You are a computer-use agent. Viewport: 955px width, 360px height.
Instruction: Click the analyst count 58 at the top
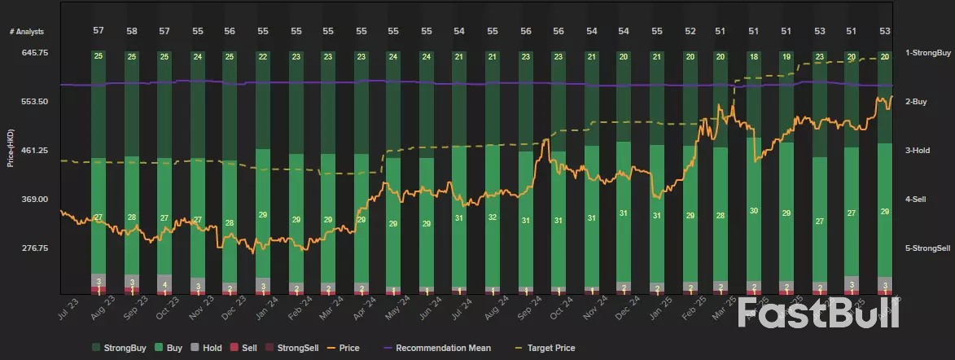click(131, 30)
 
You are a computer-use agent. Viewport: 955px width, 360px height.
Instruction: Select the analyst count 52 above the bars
click(690, 30)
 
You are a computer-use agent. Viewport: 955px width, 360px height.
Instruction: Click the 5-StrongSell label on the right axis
click(928, 248)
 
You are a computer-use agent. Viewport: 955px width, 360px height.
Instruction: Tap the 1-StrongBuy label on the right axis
click(928, 52)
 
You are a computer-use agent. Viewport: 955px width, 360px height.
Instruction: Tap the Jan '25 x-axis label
click(657, 314)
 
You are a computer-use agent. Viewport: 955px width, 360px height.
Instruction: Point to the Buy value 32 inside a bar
click(493, 217)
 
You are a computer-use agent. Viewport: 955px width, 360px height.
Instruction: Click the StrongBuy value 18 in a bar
click(754, 57)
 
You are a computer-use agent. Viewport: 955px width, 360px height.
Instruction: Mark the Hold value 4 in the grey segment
click(164, 284)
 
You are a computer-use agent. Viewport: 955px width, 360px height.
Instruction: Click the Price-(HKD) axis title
click(11, 150)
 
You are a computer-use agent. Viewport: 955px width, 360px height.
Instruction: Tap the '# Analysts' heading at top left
click(26, 31)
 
